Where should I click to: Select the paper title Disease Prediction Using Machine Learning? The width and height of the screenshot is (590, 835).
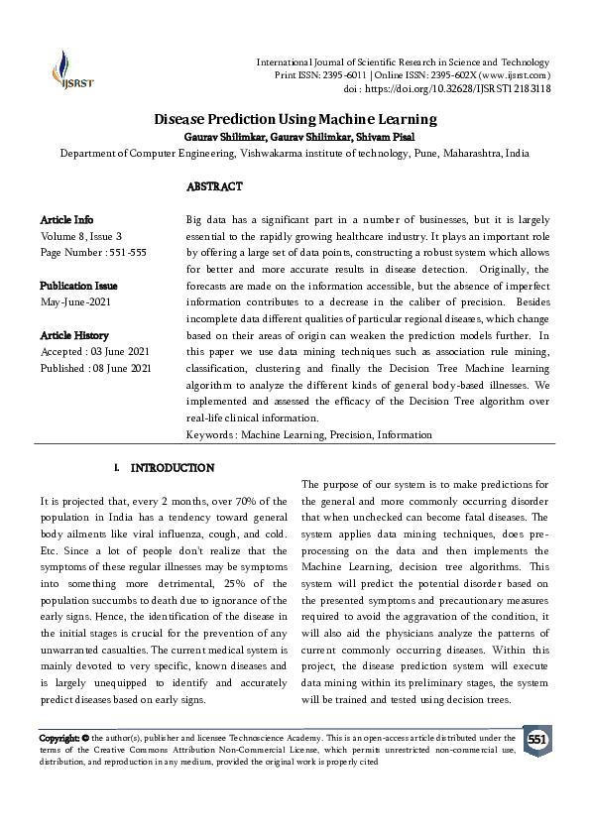(x=295, y=119)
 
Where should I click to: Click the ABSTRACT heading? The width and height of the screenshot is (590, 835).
(x=214, y=185)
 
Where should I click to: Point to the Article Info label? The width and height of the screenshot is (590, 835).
(x=66, y=218)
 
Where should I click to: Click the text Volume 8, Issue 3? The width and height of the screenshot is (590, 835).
(x=81, y=236)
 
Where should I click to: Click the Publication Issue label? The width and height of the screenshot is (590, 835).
(x=80, y=286)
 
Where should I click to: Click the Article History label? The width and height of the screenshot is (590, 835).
(x=74, y=335)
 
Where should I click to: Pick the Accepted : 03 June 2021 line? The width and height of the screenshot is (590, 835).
(x=95, y=352)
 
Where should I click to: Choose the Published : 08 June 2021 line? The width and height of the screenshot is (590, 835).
(x=95, y=369)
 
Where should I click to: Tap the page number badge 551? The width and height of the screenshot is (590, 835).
(x=536, y=740)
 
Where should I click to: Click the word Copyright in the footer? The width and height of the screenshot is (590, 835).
(x=59, y=739)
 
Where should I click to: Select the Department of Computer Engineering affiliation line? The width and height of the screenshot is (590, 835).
(x=295, y=154)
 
